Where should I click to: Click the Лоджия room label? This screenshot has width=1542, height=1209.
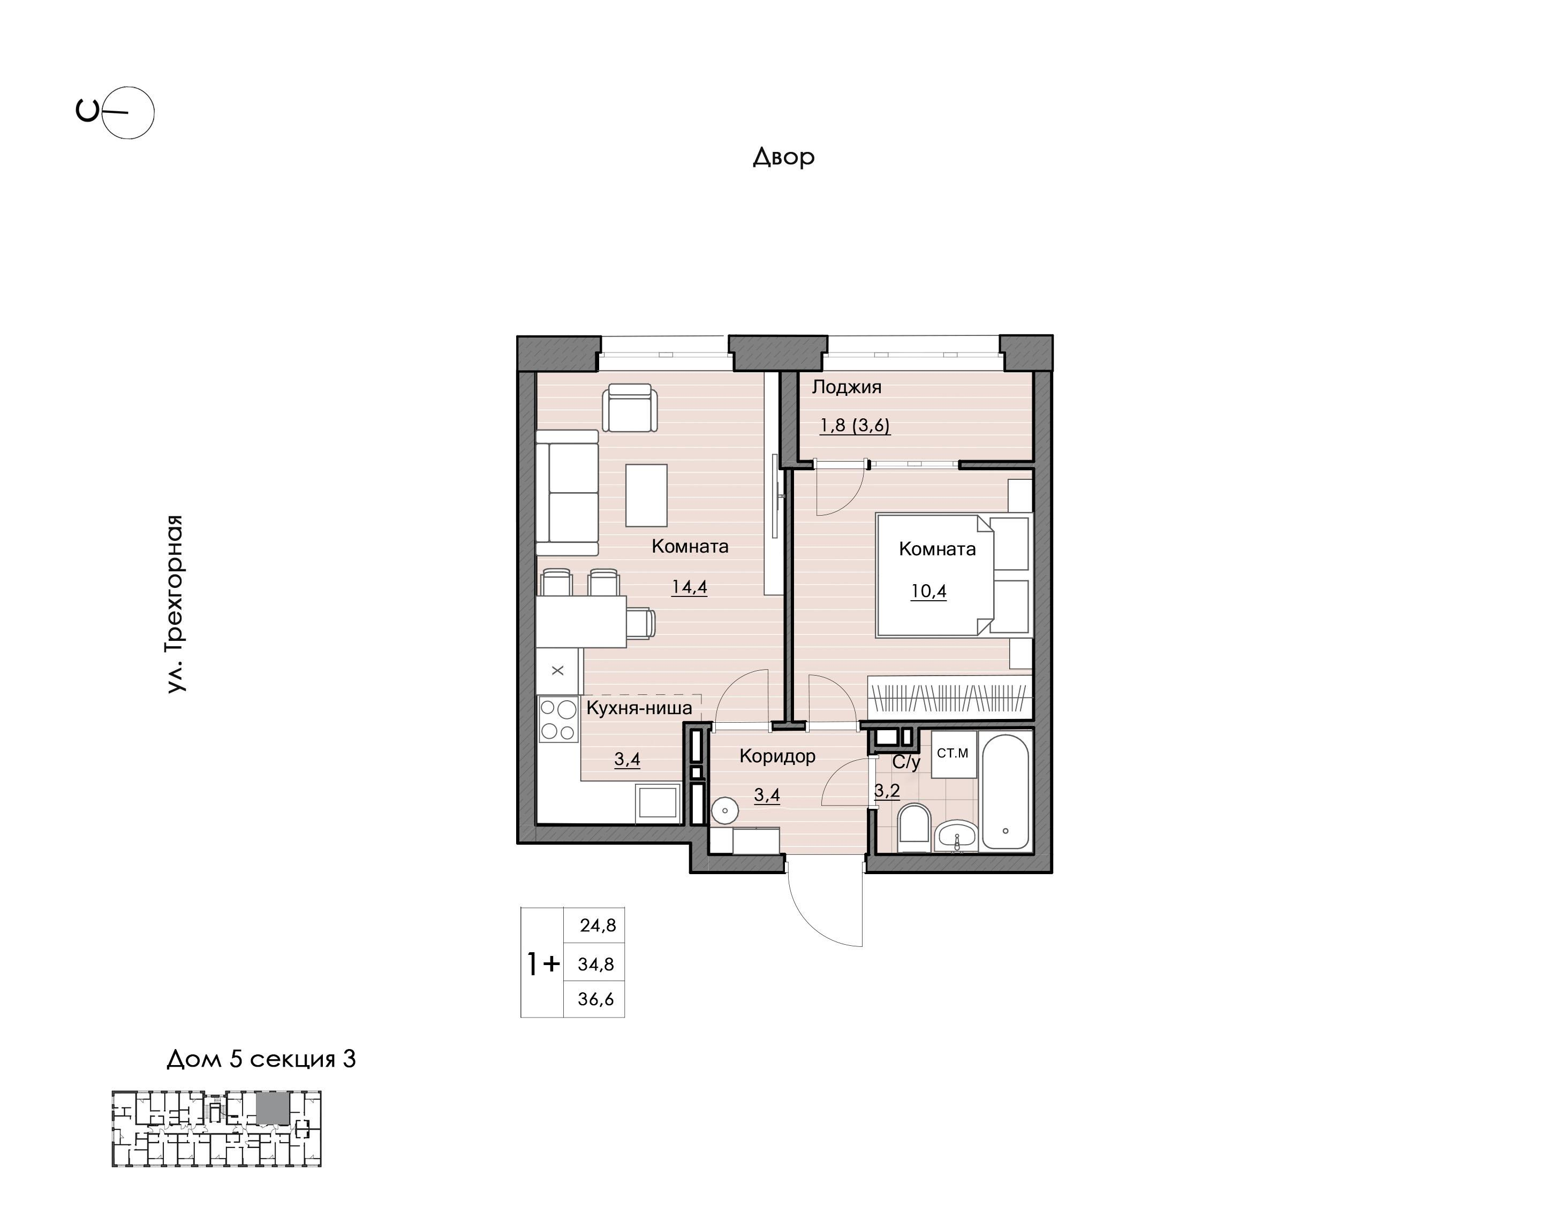pos(846,387)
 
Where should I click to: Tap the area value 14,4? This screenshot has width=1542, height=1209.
pos(689,587)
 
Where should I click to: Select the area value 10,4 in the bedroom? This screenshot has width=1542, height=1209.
pos(928,591)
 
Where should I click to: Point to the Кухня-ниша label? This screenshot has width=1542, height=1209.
pos(639,708)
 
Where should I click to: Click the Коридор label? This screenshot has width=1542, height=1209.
pos(777,756)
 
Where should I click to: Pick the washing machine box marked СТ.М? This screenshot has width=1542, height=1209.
pos(954,754)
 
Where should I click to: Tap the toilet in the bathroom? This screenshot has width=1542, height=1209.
pos(914,828)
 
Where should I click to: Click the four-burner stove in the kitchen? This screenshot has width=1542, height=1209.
pos(558,719)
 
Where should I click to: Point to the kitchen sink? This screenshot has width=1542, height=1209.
pos(658,802)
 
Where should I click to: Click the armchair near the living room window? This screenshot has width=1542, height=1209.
pos(629,407)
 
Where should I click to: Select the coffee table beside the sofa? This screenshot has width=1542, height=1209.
pos(646,495)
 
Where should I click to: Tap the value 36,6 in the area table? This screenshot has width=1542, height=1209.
pos(596,999)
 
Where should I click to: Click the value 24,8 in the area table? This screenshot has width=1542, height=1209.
pos(598,925)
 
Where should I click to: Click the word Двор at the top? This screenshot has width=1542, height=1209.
pos(783,156)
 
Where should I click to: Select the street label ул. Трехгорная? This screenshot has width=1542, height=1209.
pos(175,604)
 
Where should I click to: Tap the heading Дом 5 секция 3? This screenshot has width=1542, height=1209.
pos(261,1059)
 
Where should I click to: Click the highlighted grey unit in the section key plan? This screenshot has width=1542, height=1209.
pos(274,1108)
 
